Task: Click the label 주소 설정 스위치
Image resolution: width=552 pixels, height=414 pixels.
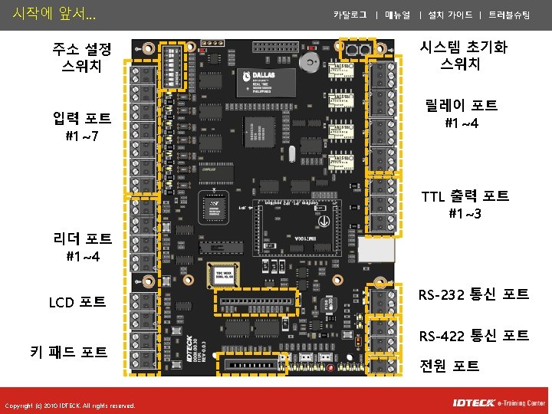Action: click(x=81, y=58)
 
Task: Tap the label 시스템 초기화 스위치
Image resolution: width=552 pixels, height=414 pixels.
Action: click(x=463, y=56)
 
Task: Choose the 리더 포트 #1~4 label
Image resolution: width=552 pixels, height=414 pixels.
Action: click(x=82, y=248)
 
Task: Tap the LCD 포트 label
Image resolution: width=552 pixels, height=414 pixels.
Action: click(x=77, y=302)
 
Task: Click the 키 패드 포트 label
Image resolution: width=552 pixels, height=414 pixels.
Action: click(x=68, y=352)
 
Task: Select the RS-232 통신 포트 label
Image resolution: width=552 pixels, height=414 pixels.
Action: click(x=474, y=294)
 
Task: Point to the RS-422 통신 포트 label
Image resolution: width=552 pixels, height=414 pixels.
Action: click(x=474, y=336)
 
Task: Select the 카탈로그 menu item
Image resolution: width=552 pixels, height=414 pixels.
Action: click(x=350, y=15)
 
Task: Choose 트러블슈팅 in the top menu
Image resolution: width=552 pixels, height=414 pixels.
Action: click(x=509, y=15)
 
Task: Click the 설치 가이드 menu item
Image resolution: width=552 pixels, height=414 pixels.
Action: click(x=450, y=15)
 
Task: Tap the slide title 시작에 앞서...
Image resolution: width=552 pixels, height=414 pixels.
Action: click(x=49, y=13)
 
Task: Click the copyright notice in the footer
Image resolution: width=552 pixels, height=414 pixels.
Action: click(x=70, y=406)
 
